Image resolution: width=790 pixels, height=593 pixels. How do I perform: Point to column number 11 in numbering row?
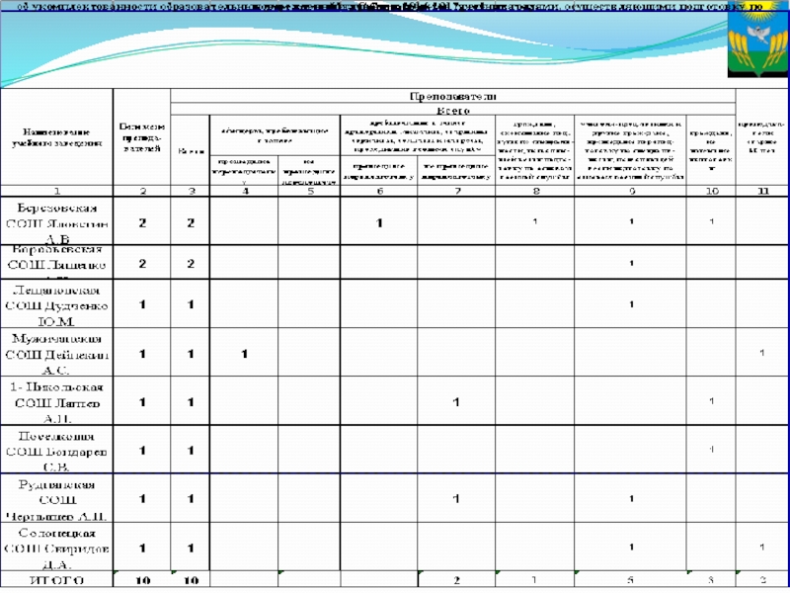click(x=762, y=190)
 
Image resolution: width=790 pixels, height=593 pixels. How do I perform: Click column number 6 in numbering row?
click(x=379, y=190)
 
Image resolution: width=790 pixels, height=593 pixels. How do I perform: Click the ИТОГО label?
click(x=57, y=580)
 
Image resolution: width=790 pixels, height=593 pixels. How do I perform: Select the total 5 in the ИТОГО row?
click(x=631, y=580)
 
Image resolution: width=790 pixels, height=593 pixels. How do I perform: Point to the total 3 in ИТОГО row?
click(x=711, y=580)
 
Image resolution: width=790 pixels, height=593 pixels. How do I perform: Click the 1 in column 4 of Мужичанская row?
click(x=244, y=354)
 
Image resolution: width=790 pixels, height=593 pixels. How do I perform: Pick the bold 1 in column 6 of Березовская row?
click(x=379, y=224)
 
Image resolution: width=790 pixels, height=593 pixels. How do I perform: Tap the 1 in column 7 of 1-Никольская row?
click(x=456, y=402)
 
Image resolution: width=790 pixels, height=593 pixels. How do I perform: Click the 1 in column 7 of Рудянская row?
click(x=456, y=499)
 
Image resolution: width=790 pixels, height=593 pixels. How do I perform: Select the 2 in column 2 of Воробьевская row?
click(x=143, y=264)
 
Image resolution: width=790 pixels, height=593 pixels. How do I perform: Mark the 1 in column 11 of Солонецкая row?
click(x=762, y=547)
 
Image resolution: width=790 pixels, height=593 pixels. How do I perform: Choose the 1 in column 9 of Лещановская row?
click(x=631, y=304)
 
